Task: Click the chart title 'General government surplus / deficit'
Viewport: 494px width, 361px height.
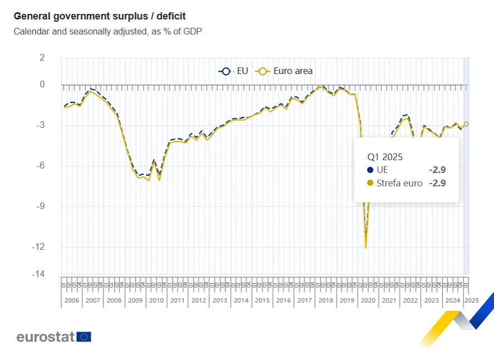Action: [100, 16]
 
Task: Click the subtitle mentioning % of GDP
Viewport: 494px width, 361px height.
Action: [107, 31]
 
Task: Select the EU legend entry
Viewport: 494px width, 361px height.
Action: [234, 71]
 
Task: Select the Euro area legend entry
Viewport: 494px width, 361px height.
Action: [285, 71]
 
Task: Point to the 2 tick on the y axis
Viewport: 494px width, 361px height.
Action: [42, 57]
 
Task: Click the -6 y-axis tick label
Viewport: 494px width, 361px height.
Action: [39, 166]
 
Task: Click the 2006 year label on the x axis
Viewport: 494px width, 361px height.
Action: [72, 300]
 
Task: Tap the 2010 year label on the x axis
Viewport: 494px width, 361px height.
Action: [156, 300]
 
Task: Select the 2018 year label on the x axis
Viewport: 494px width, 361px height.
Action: [325, 300]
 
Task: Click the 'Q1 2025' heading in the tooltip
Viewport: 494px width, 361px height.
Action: [384, 157]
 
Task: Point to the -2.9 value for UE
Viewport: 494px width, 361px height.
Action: [437, 170]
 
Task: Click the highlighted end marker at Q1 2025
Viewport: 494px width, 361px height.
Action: [467, 124]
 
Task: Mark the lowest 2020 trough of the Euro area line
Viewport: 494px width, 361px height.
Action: [365, 248]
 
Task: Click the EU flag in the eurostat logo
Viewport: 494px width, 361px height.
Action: [84, 337]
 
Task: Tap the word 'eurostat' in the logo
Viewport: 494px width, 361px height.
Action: [46, 337]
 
